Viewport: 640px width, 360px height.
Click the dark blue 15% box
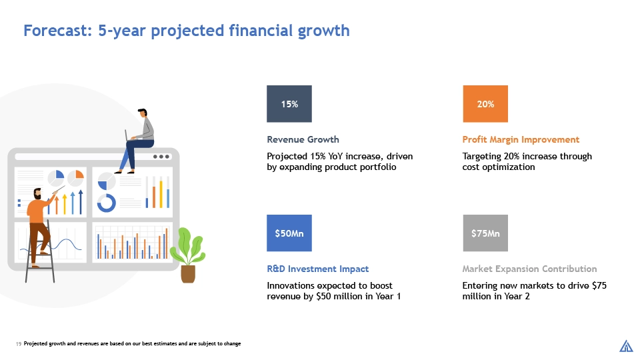pos(289,104)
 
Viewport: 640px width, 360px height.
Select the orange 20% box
pos(485,104)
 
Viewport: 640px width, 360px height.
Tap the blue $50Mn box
pos(289,233)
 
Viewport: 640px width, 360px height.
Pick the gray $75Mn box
pos(485,233)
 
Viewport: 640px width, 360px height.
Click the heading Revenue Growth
pos(303,139)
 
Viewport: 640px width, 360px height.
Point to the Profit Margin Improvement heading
pos(521,139)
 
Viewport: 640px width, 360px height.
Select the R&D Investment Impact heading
pos(317,269)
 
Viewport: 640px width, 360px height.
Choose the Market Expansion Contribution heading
pos(529,269)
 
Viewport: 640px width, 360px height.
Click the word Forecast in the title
pos(57,31)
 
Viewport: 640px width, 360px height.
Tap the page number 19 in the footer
pos(19,344)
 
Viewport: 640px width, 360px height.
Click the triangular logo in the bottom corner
pos(626,346)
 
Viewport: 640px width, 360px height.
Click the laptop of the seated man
pos(127,135)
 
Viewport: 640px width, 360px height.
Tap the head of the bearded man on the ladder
pos(37,194)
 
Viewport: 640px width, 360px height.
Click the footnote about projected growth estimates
pos(132,344)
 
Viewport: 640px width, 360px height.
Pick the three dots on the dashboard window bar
pos(161,157)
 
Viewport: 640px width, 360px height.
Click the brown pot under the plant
pos(188,274)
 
